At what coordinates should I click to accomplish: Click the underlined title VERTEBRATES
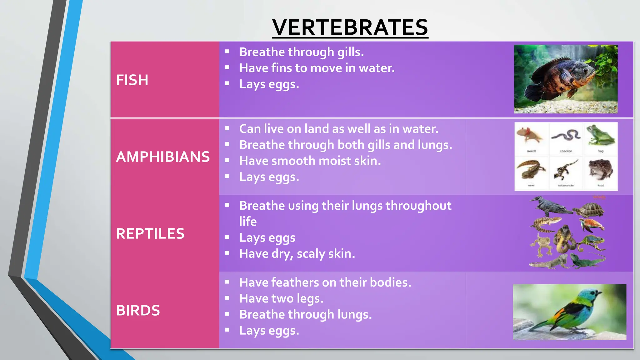pos(350,27)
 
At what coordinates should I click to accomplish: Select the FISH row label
pos(132,80)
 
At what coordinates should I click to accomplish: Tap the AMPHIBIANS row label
pos(162,157)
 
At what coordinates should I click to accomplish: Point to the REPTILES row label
pos(150,234)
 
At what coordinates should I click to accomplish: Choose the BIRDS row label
pos(138,311)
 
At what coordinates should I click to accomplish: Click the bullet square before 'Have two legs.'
pos(227,298)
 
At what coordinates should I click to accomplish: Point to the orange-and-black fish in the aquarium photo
pos(559,78)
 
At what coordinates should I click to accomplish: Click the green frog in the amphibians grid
pos(600,136)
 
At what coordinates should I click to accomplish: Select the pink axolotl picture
pos(531,135)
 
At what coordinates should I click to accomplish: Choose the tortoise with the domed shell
pos(589,210)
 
